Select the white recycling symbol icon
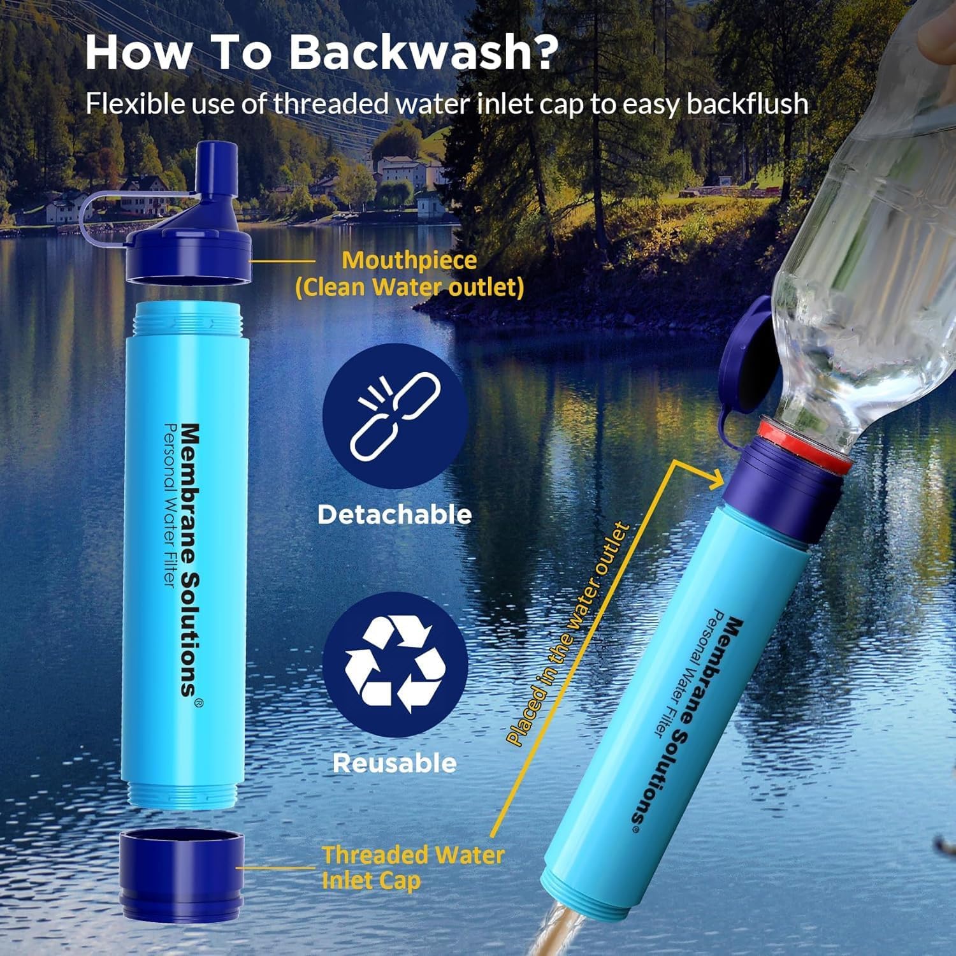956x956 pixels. click(395, 664)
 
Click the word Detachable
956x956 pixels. click(395, 514)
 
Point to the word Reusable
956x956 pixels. click(395, 763)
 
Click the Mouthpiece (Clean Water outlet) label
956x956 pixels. click(409, 274)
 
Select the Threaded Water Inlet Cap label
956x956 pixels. click(413, 867)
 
